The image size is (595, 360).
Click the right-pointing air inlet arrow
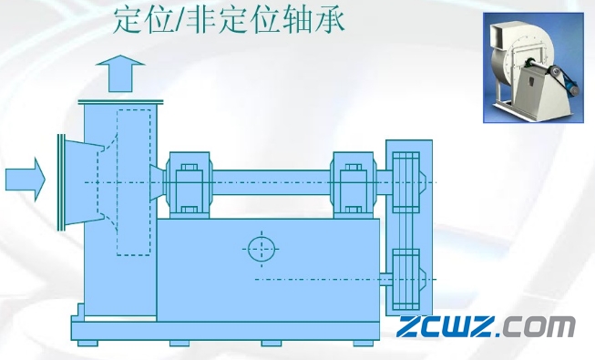[25, 178]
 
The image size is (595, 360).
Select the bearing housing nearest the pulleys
[349, 180]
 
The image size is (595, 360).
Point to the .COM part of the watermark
[539, 327]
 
